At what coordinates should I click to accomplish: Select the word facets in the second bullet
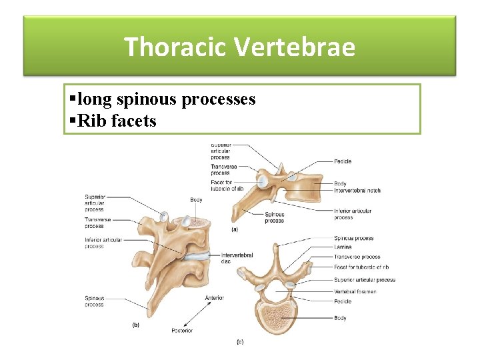135,121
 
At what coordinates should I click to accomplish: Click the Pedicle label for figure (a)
343,161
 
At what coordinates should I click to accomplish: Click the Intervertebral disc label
235,257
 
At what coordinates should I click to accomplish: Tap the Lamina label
343,247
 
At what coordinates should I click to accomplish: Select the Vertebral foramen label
355,291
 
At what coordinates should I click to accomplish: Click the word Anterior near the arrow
215,297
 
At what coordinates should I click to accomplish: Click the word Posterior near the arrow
181,330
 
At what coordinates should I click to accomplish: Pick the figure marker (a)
234,229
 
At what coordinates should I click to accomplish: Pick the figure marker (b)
135,325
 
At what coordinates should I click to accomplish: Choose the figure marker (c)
240,342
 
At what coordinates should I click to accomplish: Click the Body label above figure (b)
196,200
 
